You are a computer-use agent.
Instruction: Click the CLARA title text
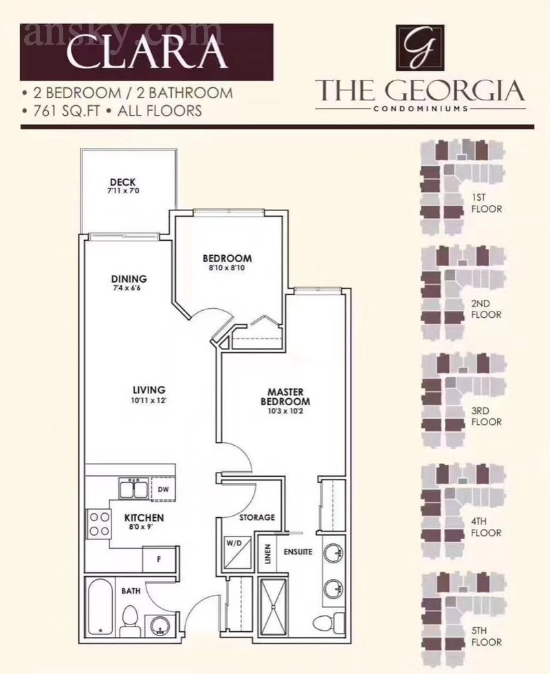point(146,52)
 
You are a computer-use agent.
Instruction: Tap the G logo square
point(420,47)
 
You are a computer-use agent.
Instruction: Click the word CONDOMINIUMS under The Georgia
point(421,109)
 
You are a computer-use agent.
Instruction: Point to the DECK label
point(123,182)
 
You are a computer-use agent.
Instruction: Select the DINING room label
point(129,279)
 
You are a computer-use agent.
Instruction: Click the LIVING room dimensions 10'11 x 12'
point(149,400)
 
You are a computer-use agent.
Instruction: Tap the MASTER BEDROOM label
point(285,397)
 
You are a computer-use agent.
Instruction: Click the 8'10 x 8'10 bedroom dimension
point(226,268)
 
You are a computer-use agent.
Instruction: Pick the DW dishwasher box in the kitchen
point(163,489)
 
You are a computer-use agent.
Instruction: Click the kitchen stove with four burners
point(99,524)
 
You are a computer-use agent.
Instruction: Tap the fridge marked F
point(159,559)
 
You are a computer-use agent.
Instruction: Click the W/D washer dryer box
point(236,552)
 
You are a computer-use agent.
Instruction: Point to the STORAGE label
point(257,517)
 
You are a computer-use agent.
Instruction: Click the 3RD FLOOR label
point(486,416)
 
